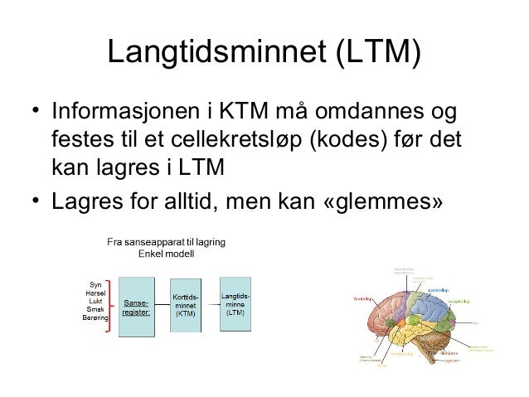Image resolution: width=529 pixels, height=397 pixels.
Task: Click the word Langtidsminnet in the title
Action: pyautogui.click(x=217, y=54)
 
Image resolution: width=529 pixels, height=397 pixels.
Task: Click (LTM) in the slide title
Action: pyautogui.click(x=376, y=54)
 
